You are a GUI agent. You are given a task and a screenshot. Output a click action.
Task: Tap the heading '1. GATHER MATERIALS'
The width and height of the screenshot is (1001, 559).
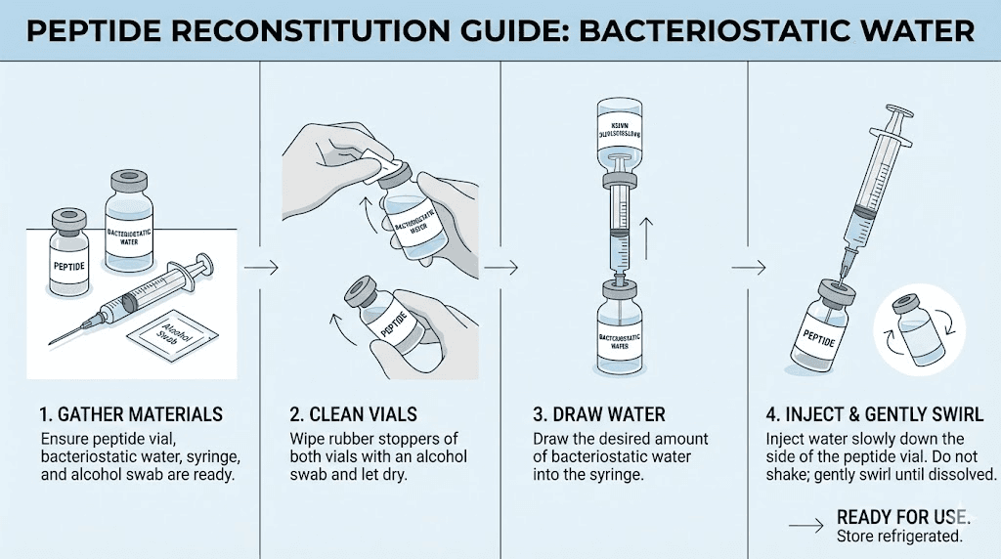click(x=132, y=414)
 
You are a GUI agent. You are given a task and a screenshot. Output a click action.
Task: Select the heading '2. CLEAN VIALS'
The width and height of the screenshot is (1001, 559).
click(x=353, y=414)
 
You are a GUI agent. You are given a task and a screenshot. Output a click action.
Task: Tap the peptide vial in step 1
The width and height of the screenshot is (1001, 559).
click(x=69, y=253)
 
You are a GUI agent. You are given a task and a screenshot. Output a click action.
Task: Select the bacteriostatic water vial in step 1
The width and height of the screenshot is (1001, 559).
click(x=131, y=224)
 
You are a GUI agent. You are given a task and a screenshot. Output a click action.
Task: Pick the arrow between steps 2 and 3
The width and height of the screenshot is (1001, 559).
click(x=500, y=266)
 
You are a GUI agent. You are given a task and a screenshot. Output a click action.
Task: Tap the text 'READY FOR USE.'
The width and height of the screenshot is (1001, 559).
click(x=902, y=517)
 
